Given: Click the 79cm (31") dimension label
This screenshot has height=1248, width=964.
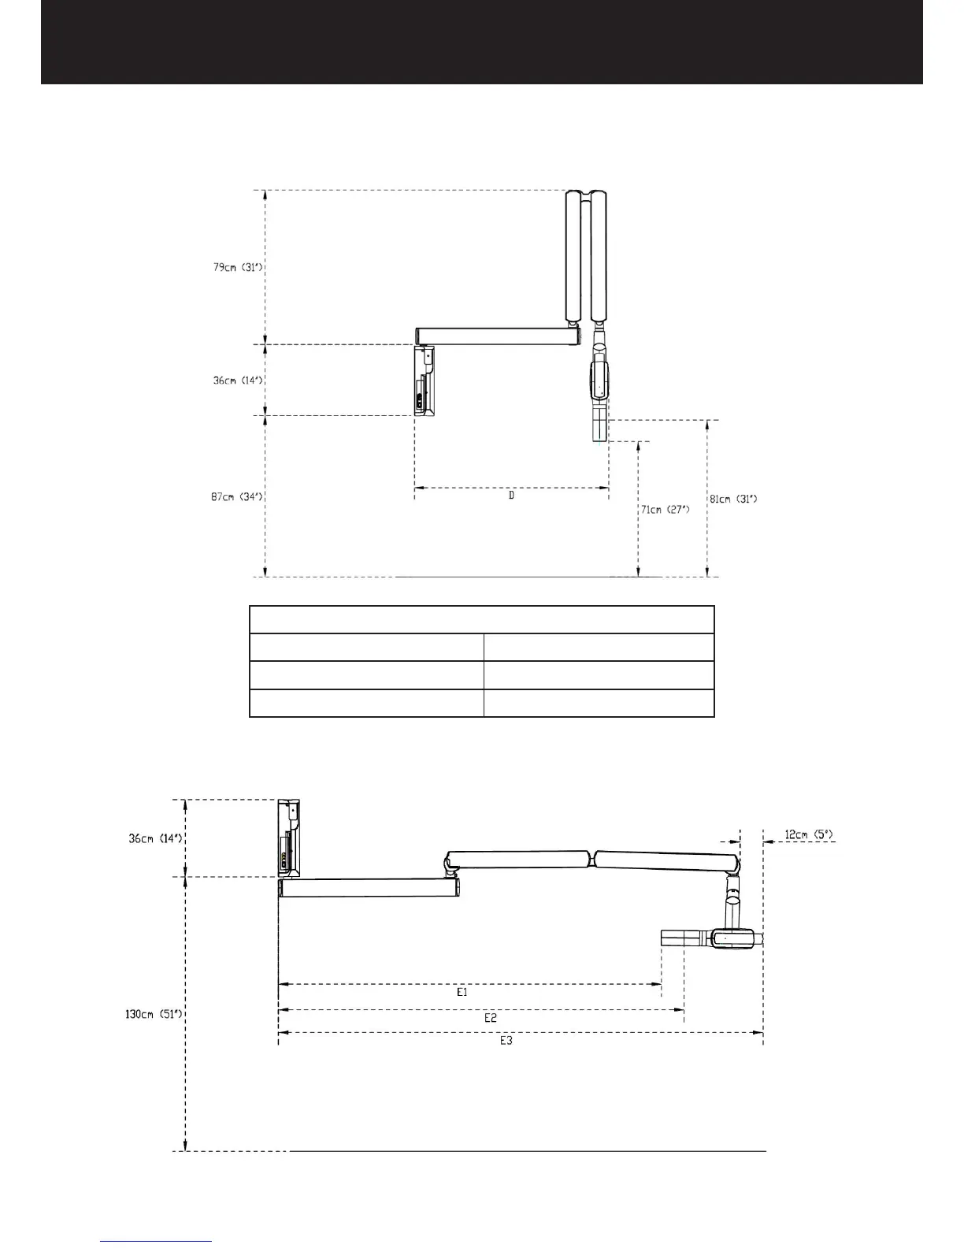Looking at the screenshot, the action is point(237,267).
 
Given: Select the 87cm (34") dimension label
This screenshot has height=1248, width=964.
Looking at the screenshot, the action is point(236,496).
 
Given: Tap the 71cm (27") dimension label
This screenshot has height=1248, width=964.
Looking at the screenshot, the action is point(665,510).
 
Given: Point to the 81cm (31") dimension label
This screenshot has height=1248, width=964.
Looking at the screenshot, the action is point(733,499).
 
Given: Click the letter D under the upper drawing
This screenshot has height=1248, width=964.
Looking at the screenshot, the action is point(511,496).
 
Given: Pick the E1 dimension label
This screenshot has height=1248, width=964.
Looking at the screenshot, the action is point(462,993).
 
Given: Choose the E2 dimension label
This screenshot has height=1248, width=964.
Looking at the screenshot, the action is point(490,1018).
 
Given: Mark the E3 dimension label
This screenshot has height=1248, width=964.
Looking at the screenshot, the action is point(506,1041).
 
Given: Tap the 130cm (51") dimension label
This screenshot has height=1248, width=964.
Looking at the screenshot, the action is point(154,1014).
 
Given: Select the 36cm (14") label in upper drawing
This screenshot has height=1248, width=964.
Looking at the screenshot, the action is point(237,380).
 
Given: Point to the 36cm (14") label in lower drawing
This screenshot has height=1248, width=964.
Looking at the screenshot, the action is point(156,838).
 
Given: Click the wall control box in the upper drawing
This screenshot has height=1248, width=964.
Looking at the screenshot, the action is point(425,381).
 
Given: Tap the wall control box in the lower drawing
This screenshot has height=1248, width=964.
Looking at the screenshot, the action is point(289,838).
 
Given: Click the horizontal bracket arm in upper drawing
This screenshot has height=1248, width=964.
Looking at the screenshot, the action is point(497,336).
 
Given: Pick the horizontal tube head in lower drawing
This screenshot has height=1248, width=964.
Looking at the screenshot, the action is point(714,938).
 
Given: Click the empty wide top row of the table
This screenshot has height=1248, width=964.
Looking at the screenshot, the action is point(481,619).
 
